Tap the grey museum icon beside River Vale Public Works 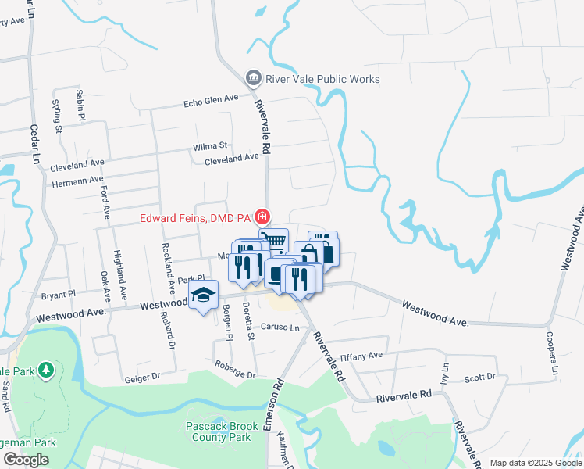click(x=253, y=78)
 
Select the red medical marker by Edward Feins click(x=264, y=217)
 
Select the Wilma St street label click(x=210, y=146)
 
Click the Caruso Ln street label click(x=280, y=327)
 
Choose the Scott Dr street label click(x=479, y=378)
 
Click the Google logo click(x=26, y=460)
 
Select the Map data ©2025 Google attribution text click(x=536, y=463)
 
